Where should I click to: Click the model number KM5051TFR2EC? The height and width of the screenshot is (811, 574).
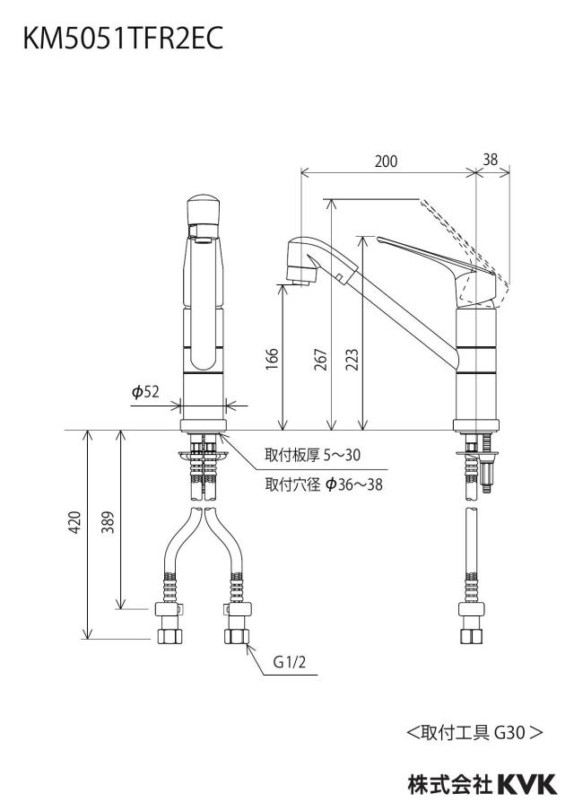coord(123,39)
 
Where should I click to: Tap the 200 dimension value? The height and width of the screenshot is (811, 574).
coord(387,161)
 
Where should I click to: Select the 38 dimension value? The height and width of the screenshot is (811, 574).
coord(491,160)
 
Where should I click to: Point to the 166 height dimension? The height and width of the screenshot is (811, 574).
coord(272,359)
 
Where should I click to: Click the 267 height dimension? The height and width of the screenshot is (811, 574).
coord(321,360)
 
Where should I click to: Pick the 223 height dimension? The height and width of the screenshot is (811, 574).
coord(352,360)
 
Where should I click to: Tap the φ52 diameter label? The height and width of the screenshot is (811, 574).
coord(145,393)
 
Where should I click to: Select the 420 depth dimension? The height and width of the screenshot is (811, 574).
coord(75,522)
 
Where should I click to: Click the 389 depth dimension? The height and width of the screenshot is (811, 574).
coord(108,522)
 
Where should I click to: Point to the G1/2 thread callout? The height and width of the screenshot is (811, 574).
coord(290,662)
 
